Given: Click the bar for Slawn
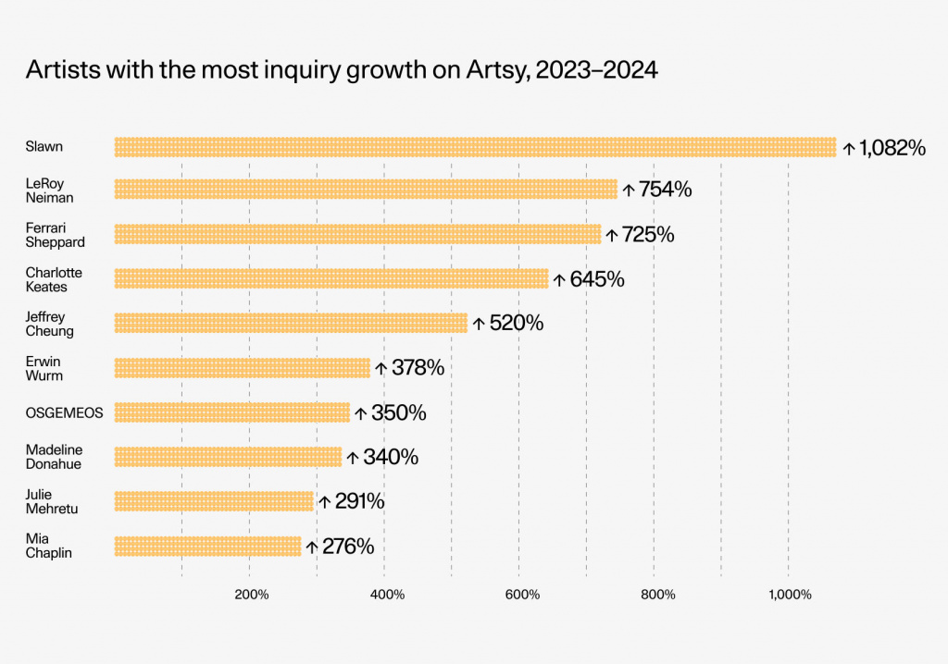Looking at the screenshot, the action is tap(475, 147).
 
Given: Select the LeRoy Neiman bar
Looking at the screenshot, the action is tap(366, 189).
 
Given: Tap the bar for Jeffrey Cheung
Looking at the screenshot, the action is tap(291, 324).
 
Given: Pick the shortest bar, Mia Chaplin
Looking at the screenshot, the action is tap(207, 547).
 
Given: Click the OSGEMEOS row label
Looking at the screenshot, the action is tap(64, 413).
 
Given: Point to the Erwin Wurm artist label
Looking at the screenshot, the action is tap(44, 369).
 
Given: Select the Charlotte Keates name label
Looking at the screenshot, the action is tap(54, 279).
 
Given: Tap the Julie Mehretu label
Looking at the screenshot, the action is tap(52, 501).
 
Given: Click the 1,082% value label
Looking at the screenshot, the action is tap(892, 148).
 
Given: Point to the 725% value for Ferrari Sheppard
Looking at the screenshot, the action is tap(648, 234).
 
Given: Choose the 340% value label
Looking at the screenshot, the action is tap(391, 458).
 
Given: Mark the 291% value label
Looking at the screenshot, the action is tap(360, 501).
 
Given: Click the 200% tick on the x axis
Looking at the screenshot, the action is tap(252, 595).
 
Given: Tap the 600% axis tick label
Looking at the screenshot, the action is tap(522, 595).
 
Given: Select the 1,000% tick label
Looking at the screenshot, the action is tap(790, 595).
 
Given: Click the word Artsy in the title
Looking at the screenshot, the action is tap(497, 70).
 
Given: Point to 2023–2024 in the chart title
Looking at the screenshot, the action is tap(596, 70).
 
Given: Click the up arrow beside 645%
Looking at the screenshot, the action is tap(559, 279).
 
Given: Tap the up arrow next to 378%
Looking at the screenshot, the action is tap(380, 368).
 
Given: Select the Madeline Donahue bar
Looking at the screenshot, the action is tap(228, 458).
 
